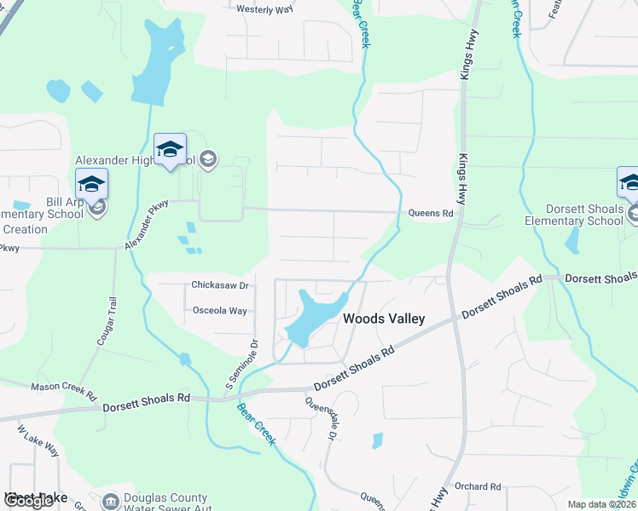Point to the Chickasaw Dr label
point(220,285)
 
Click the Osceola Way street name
point(220,311)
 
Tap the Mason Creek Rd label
point(64,386)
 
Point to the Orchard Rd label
point(478,486)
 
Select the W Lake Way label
point(38,438)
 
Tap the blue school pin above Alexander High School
point(170,149)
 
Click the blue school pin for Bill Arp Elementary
point(92,184)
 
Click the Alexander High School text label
point(136,159)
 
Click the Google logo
point(28,501)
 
